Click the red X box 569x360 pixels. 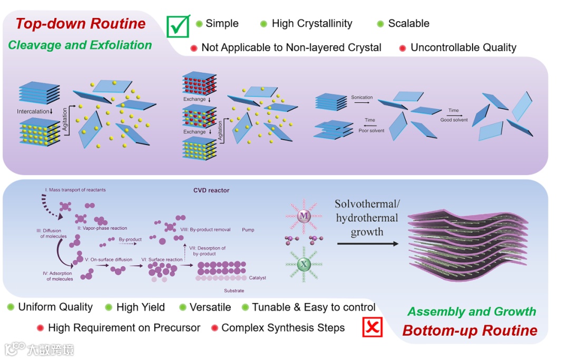[372, 327]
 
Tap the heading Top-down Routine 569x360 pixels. [81, 24]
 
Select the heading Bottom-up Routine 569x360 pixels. [470, 330]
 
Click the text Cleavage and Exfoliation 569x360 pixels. [80, 45]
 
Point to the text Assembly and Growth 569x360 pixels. [472, 312]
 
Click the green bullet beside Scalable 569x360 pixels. [380, 24]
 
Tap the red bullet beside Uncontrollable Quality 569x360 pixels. [403, 48]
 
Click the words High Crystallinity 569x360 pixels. [312, 24]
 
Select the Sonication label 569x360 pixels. [362, 98]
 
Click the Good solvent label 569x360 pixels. [454, 120]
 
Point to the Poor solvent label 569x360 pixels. [371, 131]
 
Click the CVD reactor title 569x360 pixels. [211, 190]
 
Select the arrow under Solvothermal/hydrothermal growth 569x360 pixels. [368, 244]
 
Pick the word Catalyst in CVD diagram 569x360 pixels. [258, 278]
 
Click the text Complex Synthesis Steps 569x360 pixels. [283, 328]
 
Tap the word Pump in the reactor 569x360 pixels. [248, 230]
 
